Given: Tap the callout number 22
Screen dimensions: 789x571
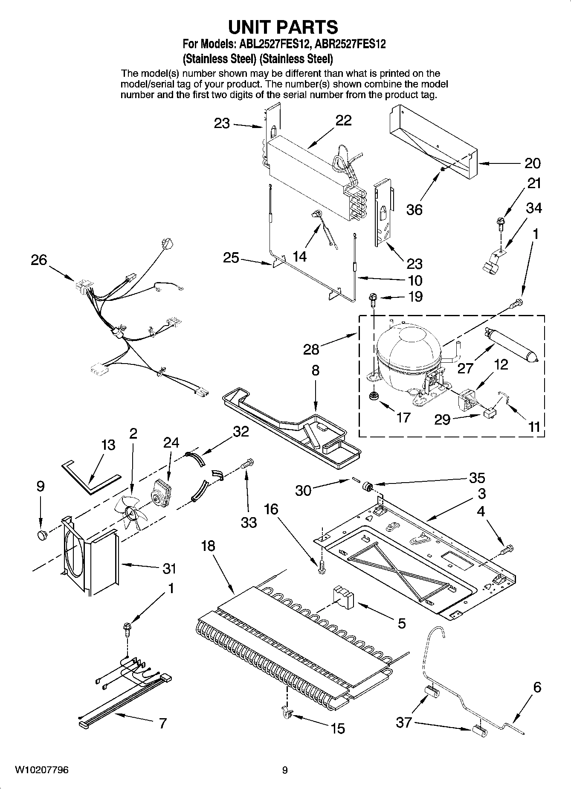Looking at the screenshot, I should click(343, 120).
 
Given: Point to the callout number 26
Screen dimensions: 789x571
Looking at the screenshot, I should click(39, 259).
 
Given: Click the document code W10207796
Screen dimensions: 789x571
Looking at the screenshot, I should click(42, 770).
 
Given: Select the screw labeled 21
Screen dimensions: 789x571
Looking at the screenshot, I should click(500, 222).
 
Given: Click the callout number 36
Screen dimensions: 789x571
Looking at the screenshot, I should click(414, 209).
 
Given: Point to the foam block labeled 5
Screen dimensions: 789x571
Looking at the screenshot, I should click(343, 595).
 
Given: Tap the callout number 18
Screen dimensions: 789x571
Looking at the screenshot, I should click(208, 545).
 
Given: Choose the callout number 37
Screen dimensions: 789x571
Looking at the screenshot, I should click(404, 722).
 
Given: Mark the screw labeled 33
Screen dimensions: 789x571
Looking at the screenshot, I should click(247, 463).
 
